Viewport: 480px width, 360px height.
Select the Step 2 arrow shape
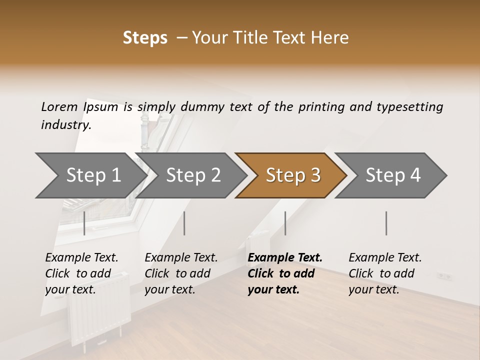(192, 175)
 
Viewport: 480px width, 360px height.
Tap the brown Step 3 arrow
(292, 175)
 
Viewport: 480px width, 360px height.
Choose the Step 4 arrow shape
(392, 175)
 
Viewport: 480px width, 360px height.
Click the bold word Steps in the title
(145, 38)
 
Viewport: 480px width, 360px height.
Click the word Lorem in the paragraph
(59, 107)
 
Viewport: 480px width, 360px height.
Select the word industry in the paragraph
(65, 125)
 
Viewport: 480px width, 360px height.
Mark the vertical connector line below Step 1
(84, 223)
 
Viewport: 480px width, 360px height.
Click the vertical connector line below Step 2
(184, 223)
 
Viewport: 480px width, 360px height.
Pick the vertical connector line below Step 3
(285, 223)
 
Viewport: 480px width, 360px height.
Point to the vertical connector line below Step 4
(386, 223)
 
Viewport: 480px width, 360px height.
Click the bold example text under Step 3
(284, 273)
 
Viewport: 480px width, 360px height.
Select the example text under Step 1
(81, 273)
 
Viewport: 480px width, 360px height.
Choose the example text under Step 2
(181, 273)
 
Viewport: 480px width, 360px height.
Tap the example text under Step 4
(385, 273)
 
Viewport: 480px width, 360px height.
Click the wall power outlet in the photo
(444, 275)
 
